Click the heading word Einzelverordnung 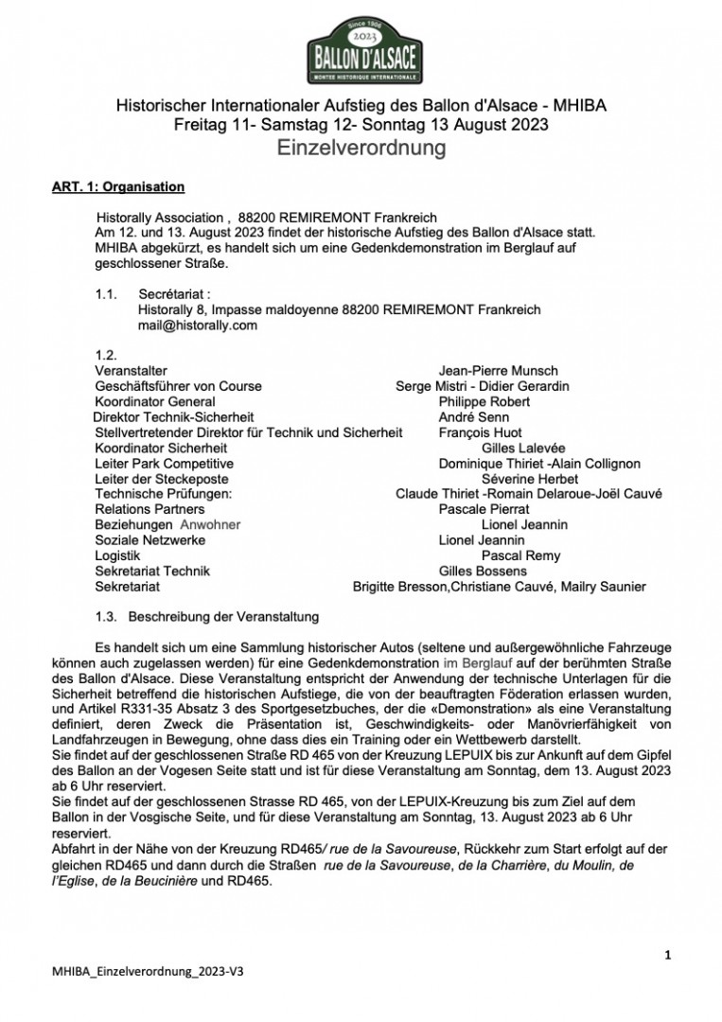[361, 148]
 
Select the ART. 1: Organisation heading [118, 186]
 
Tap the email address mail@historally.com [198, 325]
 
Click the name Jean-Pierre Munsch [498, 371]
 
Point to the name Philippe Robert [484, 401]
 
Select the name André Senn [473, 416]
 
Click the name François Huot [481, 432]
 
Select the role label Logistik [118, 555]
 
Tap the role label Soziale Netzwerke [150, 540]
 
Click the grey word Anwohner [210, 524]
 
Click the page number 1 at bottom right [667, 956]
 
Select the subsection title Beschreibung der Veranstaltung [223, 617]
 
